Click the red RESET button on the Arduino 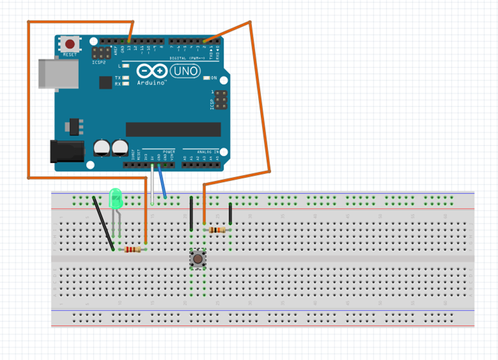(x=70, y=44)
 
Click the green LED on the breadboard (x=116, y=198)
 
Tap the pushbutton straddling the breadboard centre (x=198, y=259)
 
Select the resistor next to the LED (x=132, y=250)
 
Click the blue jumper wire (x=162, y=182)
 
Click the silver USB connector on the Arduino (x=58, y=74)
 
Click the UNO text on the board (x=185, y=71)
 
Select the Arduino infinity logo (x=152, y=71)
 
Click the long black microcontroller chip (x=173, y=129)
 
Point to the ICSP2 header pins (x=102, y=53)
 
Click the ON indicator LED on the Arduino (x=207, y=78)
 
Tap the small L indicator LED (x=126, y=66)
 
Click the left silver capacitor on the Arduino (x=102, y=147)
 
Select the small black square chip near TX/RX (x=106, y=82)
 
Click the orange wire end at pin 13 (x=129, y=41)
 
